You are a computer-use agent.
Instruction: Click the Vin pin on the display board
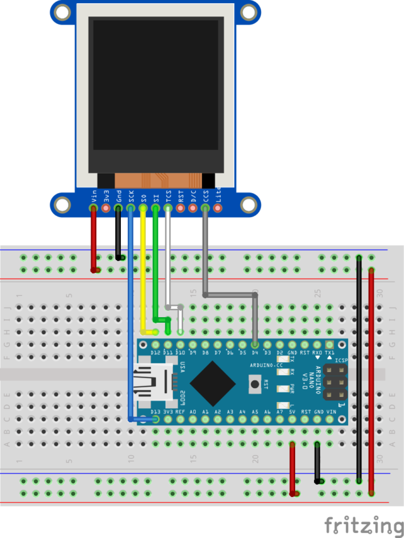pos(94,208)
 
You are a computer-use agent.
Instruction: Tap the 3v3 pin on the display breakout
pos(106,208)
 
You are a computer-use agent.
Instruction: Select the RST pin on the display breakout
pos(181,208)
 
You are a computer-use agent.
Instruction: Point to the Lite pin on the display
pos(218,208)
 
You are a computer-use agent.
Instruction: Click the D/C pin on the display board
pos(193,208)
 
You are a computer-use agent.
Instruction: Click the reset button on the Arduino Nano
pos(255,382)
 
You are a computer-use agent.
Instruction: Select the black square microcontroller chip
pos(213,382)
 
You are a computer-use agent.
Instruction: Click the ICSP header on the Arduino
pos(334,382)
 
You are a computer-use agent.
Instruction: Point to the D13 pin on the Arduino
pos(155,418)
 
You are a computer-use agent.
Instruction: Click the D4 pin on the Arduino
pos(255,344)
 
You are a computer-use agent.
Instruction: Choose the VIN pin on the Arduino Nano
pos(329,418)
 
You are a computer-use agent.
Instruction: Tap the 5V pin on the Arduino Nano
pos(292,418)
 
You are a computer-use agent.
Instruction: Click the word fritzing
pos(363,525)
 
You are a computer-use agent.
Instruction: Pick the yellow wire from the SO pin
pos(143,272)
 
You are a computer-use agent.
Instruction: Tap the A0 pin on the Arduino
pos(193,418)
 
